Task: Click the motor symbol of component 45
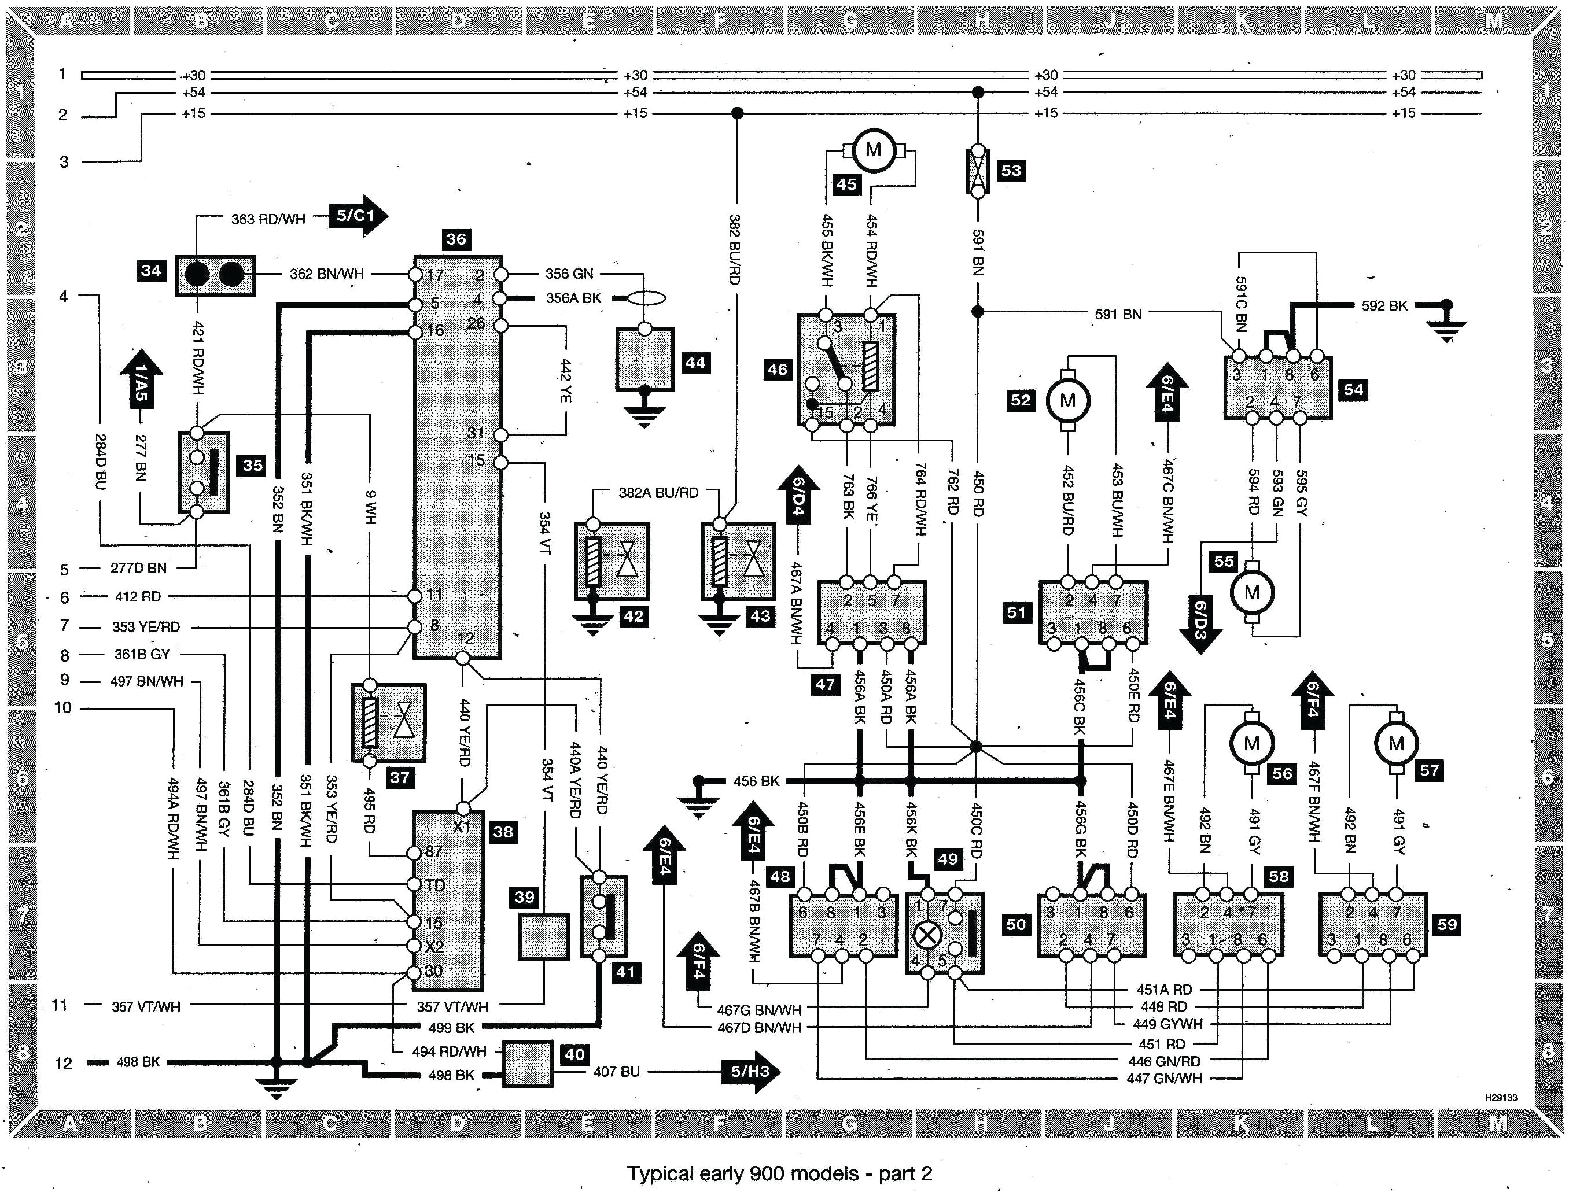[874, 150]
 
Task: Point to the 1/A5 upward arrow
[141, 379]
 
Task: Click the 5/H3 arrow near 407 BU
[750, 1071]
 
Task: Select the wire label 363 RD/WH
[268, 219]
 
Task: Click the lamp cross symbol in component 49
[927, 935]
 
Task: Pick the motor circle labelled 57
[1397, 744]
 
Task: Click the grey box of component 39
[544, 936]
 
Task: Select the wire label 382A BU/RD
[658, 492]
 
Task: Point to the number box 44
[695, 363]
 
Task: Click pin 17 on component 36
[417, 274]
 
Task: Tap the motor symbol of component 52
[1067, 401]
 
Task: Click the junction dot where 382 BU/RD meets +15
[737, 113]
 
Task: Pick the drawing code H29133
[1501, 1098]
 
